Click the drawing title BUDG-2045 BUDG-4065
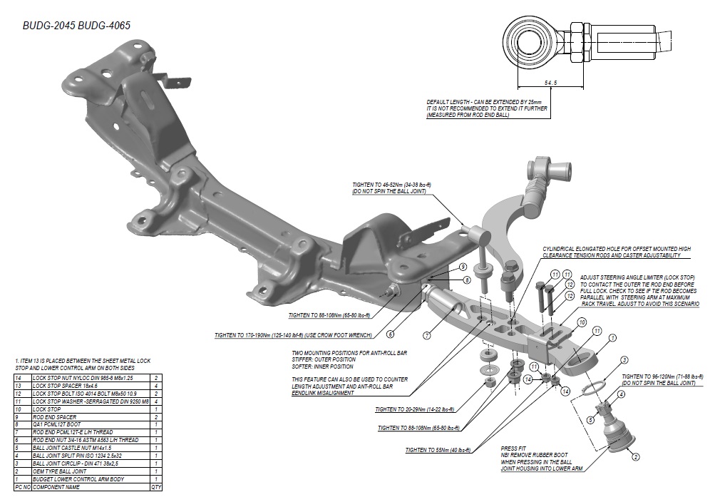pyautogui.click(x=76, y=25)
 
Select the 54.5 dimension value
pyautogui.click(x=550, y=83)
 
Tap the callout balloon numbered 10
pyautogui.click(x=582, y=322)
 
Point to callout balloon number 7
pyautogui.click(x=426, y=334)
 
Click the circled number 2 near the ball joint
pyautogui.click(x=634, y=456)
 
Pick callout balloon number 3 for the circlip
pyautogui.click(x=624, y=360)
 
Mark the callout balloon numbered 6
pyautogui.click(x=390, y=333)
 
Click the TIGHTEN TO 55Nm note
pyautogui.click(x=438, y=450)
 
